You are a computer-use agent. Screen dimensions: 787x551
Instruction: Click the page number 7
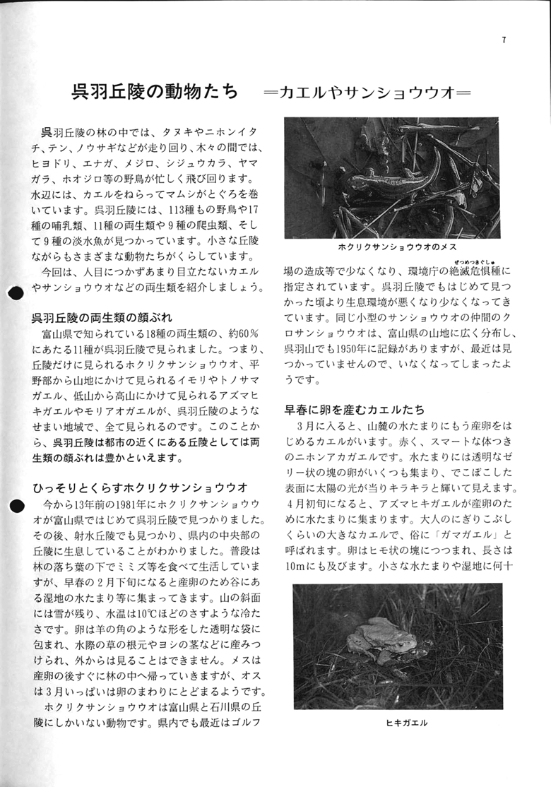tap(504, 40)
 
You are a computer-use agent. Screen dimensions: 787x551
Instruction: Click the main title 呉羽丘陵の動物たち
tap(155, 93)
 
